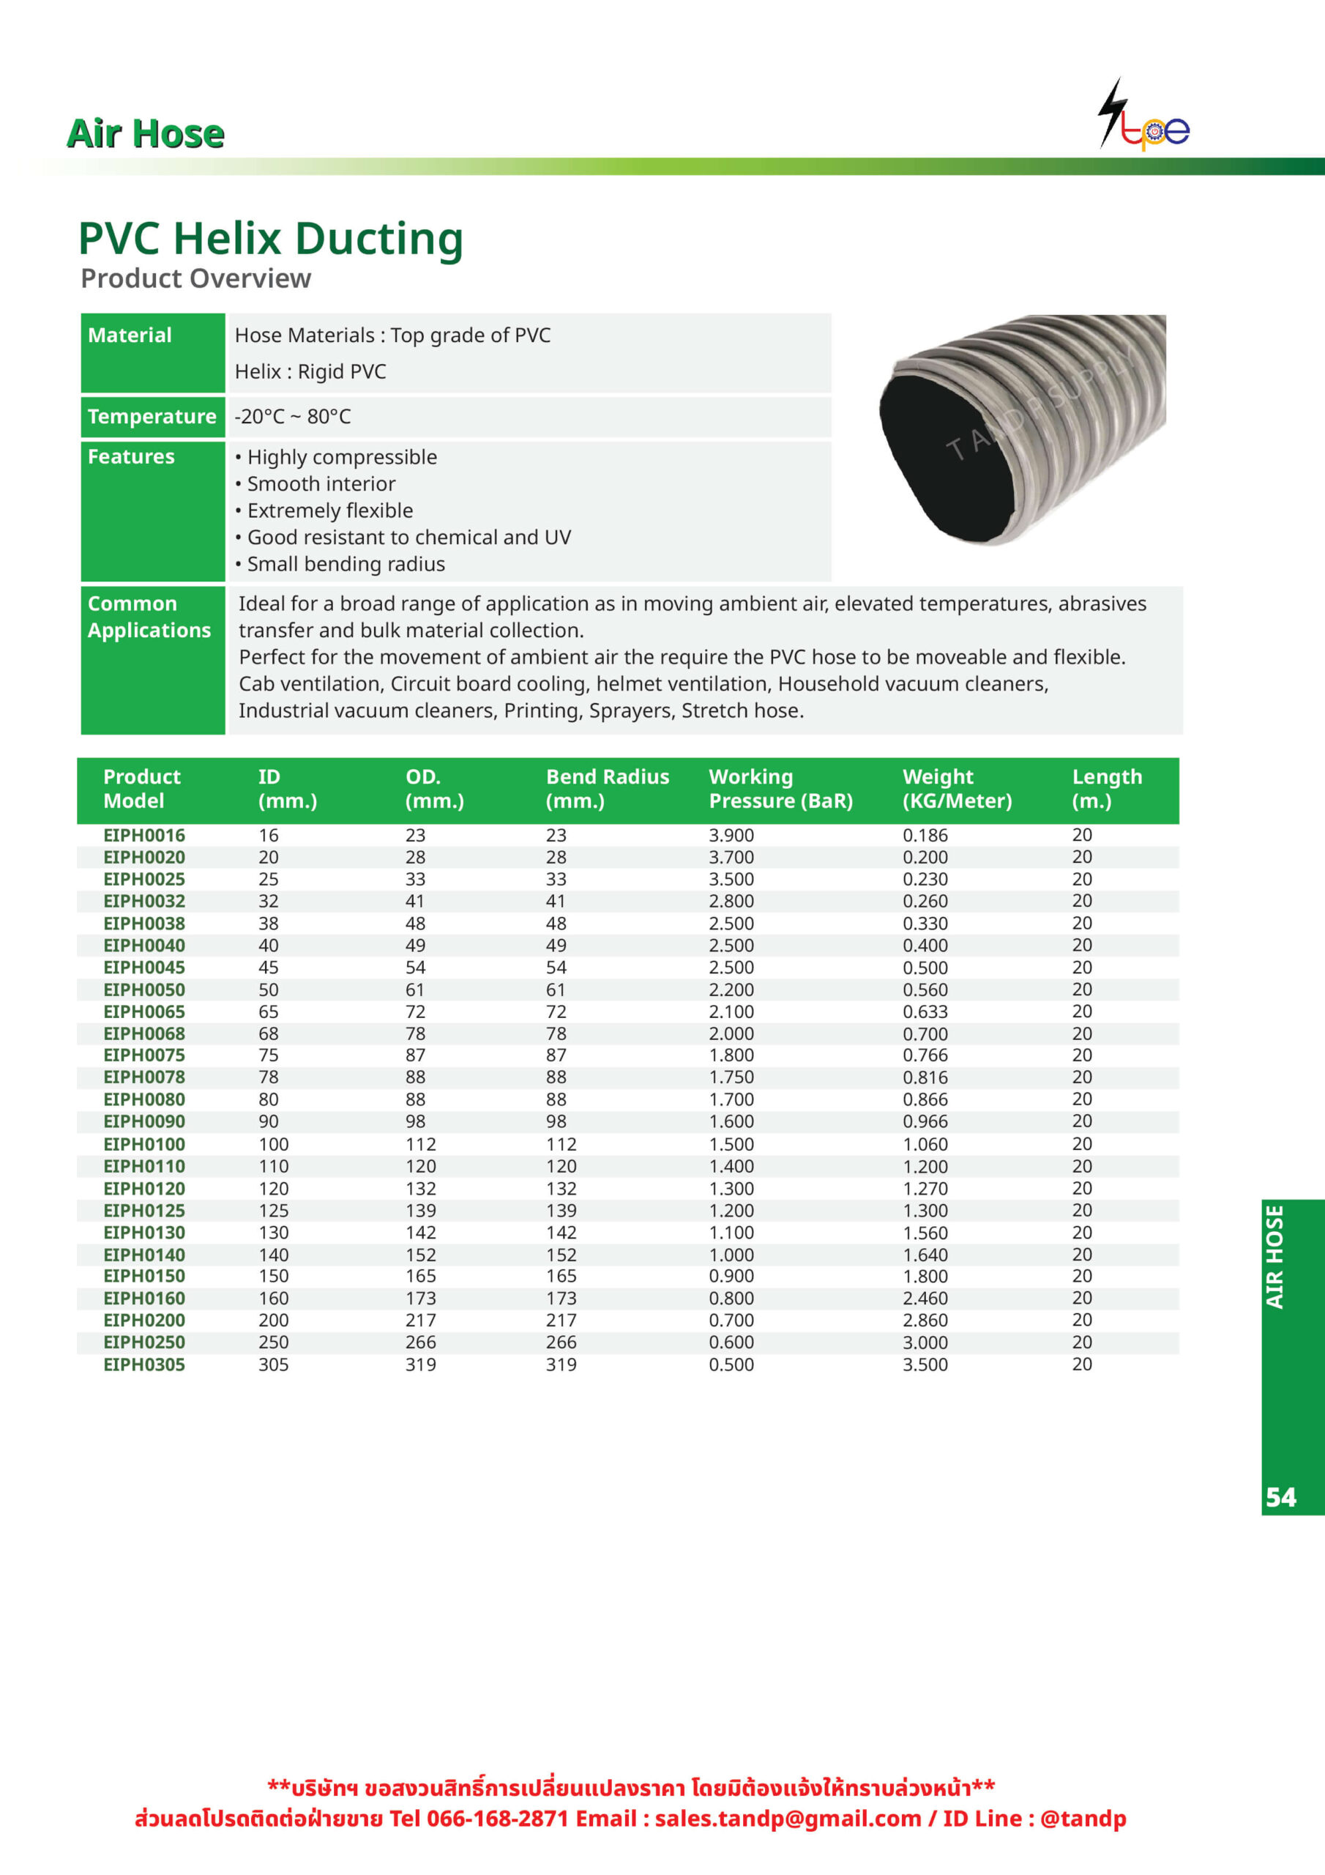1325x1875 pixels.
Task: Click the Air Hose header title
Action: click(x=146, y=133)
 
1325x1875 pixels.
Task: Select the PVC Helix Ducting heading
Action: click(x=270, y=239)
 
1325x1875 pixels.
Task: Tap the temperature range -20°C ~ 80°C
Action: click(x=292, y=417)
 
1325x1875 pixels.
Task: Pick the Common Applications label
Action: click(x=149, y=617)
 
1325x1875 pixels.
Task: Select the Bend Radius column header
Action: click(x=607, y=788)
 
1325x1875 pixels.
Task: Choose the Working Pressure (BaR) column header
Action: click(x=780, y=788)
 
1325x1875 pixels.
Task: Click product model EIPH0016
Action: click(x=143, y=836)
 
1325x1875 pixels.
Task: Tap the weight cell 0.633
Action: click(x=925, y=1011)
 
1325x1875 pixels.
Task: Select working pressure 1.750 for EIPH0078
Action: click(x=731, y=1077)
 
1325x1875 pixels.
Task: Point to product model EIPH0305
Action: click(x=143, y=1365)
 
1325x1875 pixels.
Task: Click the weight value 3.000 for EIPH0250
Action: click(x=925, y=1343)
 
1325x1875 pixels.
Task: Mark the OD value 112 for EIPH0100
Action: click(x=420, y=1144)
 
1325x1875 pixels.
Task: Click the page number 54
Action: click(x=1280, y=1497)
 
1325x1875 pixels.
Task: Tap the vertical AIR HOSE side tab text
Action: click(x=1275, y=1257)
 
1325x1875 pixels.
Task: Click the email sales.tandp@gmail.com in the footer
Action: click(x=787, y=1819)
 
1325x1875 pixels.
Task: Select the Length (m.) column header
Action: click(x=1106, y=788)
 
